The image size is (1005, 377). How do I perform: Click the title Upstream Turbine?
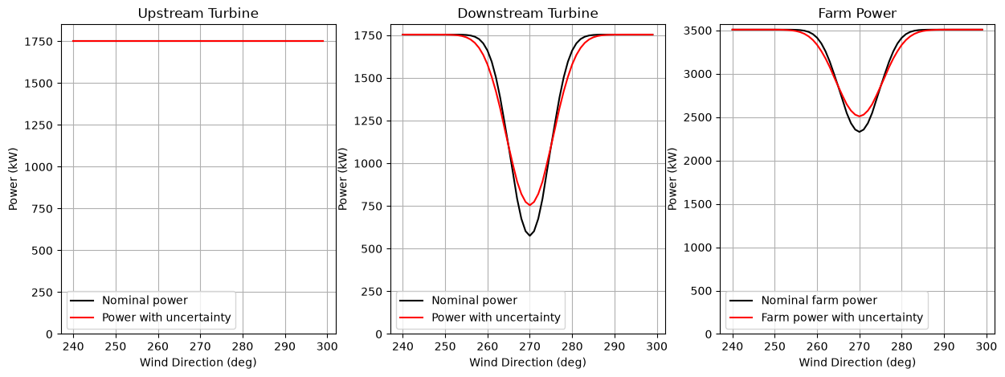[x=198, y=14]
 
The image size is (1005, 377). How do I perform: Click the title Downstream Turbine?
[x=528, y=14]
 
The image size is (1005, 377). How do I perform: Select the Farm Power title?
[x=857, y=14]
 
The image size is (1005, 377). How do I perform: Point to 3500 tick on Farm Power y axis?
[x=697, y=31]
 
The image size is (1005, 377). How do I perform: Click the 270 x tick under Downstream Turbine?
[x=529, y=346]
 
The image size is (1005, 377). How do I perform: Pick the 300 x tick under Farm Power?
[x=987, y=346]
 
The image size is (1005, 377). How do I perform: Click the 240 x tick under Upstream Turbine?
[x=73, y=346]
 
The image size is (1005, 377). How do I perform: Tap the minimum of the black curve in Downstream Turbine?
[x=529, y=236]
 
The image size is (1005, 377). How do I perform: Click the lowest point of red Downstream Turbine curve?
[x=529, y=205]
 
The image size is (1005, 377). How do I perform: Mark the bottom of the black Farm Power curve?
[x=859, y=132]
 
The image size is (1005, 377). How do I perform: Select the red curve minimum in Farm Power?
[x=859, y=117]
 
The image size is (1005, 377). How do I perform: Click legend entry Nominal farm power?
[x=819, y=301]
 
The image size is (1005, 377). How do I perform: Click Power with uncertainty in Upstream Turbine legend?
[x=166, y=318]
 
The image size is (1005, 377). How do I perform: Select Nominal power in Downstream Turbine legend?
[x=474, y=301]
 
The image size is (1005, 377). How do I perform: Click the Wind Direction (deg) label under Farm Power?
[x=857, y=363]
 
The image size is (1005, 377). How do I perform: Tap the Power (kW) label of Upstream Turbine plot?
[x=13, y=179]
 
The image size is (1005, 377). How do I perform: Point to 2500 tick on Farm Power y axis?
[x=697, y=117]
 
